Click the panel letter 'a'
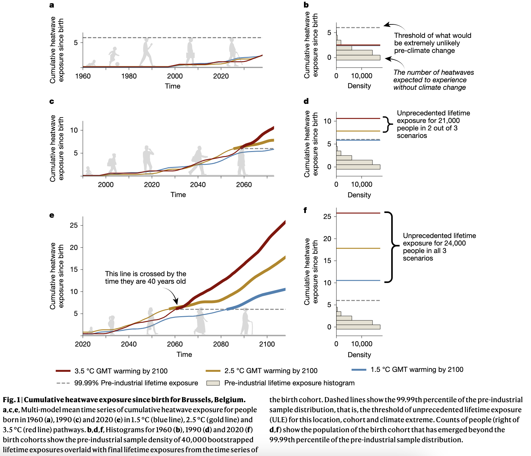52,5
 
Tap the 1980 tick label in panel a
129,76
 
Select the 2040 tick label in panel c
198,185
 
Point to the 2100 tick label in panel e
267,344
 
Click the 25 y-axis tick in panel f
327,216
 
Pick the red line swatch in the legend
63,371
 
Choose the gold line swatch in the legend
213,371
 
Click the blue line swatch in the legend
359,370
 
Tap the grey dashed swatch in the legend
63,383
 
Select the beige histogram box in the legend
213,383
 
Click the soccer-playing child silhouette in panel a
114,57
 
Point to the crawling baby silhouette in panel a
91,64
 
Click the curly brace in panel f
392,247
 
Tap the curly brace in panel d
388,124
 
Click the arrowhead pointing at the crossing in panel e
176,302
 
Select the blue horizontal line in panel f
358,281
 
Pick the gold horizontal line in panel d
358,131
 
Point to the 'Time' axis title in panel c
178,195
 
